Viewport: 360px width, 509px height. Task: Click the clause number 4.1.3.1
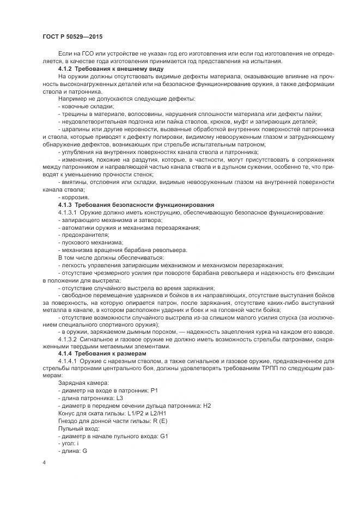pyautogui.click(x=69, y=211)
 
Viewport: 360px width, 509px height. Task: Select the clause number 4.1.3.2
pyautogui.click(x=69, y=338)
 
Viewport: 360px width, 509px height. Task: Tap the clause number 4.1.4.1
pyautogui.click(x=69, y=361)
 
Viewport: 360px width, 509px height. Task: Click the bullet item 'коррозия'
pyautogui.click(x=76, y=197)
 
